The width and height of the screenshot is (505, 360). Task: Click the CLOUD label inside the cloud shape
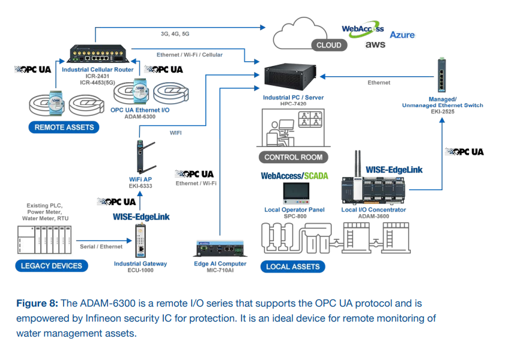click(329, 45)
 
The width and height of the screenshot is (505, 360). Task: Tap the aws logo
click(375, 44)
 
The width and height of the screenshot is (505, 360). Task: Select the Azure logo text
click(402, 34)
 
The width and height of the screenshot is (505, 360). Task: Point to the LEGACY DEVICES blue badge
click(51, 266)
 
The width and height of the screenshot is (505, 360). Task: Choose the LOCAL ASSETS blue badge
click(292, 266)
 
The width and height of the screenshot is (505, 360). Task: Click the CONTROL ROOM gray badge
click(293, 157)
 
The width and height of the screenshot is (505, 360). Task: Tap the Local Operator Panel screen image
click(294, 193)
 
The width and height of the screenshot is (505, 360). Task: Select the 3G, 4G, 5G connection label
click(175, 34)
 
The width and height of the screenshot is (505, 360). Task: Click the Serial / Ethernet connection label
click(101, 247)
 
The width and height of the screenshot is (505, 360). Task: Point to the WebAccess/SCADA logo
click(294, 176)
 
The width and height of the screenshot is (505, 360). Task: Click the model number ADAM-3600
click(373, 217)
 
